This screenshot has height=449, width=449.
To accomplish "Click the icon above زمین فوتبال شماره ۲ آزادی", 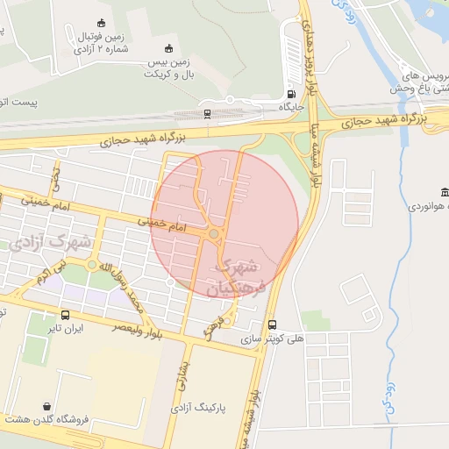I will pos(101,23).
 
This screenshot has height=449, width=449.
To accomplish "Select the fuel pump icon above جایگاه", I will pos(290,94).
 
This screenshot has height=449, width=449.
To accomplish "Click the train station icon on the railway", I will pos(207,113).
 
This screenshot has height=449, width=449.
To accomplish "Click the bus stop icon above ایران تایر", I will pos(65,315).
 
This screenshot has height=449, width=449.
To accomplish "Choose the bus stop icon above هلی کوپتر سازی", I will pos(272,324).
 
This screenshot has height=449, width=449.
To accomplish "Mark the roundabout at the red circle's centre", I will pos(214,233).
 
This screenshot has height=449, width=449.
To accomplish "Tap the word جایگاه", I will pos(290,107).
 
